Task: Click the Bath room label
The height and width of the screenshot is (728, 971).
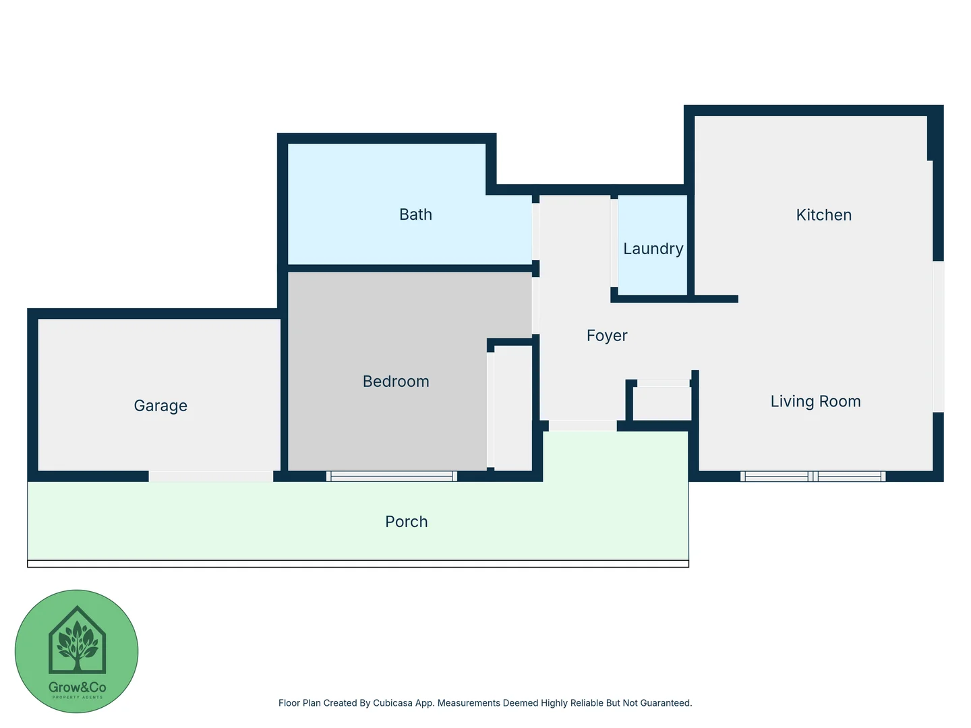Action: [415, 214]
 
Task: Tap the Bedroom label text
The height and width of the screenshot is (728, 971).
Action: [396, 382]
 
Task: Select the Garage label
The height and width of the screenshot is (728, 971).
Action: [160, 406]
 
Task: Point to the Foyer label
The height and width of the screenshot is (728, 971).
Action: [607, 336]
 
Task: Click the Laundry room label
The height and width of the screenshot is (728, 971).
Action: [653, 249]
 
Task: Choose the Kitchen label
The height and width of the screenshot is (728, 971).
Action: [823, 215]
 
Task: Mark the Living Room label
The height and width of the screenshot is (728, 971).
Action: [815, 402]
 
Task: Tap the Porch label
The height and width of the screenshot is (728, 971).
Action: [406, 522]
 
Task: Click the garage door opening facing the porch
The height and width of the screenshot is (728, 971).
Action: [210, 477]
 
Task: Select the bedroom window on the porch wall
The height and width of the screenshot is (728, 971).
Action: [392, 477]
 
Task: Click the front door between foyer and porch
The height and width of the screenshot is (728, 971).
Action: [583, 426]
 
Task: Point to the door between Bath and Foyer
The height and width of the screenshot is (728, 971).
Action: [535, 231]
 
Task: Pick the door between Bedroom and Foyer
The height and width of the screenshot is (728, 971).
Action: [535, 305]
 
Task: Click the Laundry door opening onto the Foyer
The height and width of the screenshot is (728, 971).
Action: [614, 243]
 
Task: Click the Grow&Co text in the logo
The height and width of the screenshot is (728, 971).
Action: [77, 688]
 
